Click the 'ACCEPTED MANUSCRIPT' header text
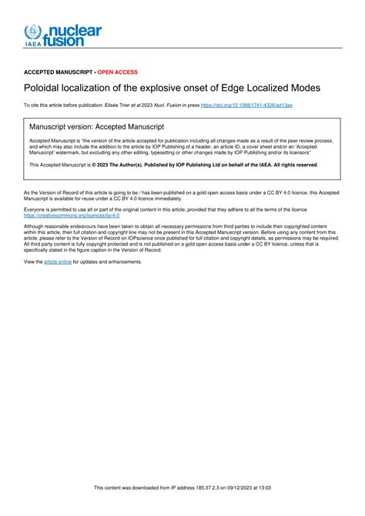coord(58,72)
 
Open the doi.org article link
coord(246,104)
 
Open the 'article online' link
coord(58,262)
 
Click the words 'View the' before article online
coord(33,262)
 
